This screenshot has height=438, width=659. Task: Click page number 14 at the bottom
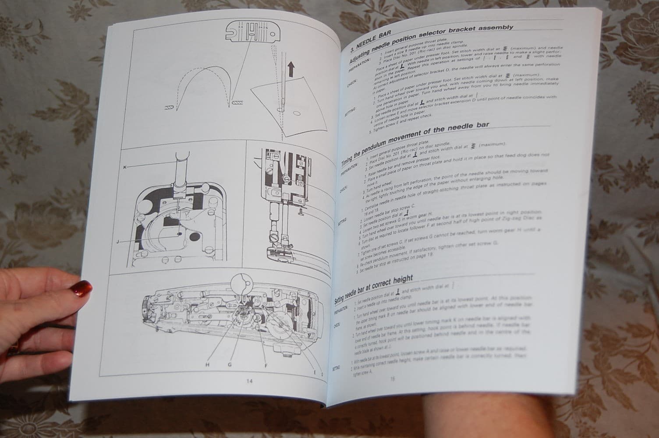click(x=249, y=381)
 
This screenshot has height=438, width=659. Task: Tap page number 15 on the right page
click(x=392, y=379)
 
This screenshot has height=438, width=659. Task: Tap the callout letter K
click(x=125, y=167)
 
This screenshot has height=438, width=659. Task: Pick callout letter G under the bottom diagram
click(x=229, y=364)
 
